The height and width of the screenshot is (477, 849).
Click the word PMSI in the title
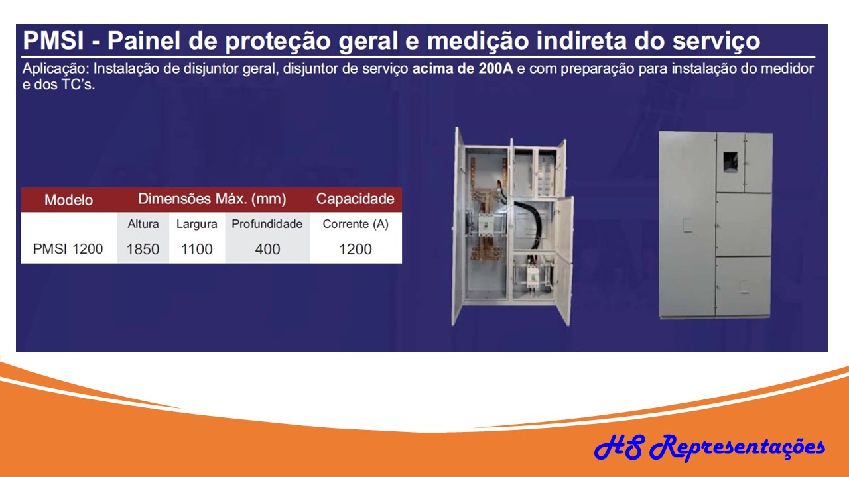[x=52, y=41]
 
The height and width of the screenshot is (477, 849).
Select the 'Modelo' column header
[x=68, y=200]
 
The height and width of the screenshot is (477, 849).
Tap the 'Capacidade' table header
[x=355, y=199]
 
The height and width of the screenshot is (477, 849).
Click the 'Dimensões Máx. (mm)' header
[x=212, y=199]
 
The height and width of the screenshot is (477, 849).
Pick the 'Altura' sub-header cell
[x=143, y=224]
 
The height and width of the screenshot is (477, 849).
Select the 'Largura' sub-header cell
[x=196, y=224]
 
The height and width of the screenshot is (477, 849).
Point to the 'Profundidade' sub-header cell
[x=267, y=224]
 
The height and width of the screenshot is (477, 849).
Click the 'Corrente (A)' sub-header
[x=356, y=224]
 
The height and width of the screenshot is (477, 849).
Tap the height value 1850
[x=143, y=249]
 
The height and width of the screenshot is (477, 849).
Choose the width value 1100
[x=196, y=249]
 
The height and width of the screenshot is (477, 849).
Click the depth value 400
[x=267, y=249]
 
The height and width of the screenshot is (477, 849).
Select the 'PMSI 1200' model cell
[x=68, y=249]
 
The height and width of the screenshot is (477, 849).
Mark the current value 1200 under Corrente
[x=356, y=249]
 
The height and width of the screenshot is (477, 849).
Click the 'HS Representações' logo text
[x=709, y=447]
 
